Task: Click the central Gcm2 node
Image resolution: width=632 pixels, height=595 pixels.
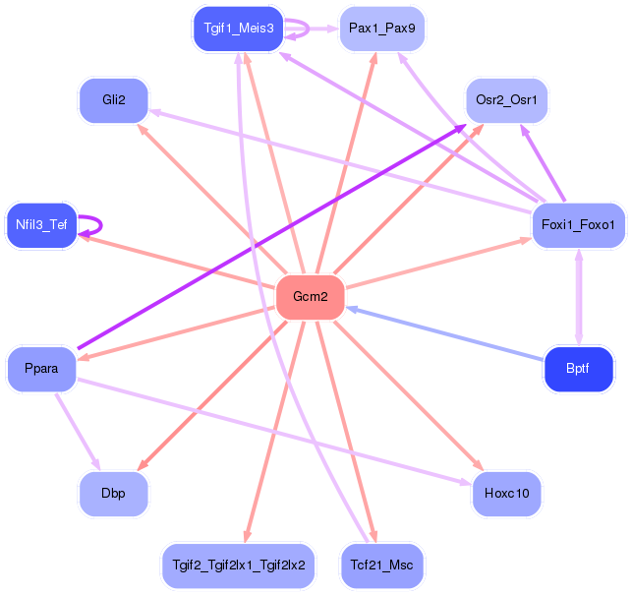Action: tap(311, 297)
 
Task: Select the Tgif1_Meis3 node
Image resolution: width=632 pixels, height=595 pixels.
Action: tap(239, 29)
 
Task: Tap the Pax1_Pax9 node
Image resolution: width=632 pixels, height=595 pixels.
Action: tap(382, 29)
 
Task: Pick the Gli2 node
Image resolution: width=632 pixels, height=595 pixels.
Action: tap(114, 100)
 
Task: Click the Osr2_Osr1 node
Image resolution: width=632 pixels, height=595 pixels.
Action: tap(506, 100)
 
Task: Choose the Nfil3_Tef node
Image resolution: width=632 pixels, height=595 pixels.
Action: tap(41, 225)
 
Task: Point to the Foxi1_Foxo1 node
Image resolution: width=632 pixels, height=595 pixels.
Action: tap(578, 225)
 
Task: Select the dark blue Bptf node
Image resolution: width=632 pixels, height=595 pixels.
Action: tap(578, 369)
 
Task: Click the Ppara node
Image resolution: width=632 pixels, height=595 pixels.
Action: tap(41, 369)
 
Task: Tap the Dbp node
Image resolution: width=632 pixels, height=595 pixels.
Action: tap(114, 494)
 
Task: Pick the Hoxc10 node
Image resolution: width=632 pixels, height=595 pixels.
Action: tap(506, 494)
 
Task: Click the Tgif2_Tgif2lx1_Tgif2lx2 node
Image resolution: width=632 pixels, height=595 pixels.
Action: tap(239, 565)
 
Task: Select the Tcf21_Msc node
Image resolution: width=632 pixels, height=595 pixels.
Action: tap(382, 565)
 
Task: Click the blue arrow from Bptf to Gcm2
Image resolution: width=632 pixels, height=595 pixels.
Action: tap(444, 333)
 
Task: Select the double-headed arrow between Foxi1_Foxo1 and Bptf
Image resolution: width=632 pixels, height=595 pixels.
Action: tap(579, 297)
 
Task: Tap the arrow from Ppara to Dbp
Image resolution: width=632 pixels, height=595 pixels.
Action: tap(78, 432)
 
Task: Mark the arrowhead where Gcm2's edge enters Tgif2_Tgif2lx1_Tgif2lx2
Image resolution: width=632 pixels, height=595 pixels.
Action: tap(248, 537)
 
